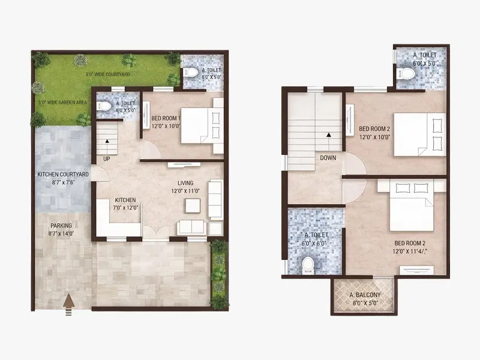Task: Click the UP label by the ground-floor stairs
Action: [107, 159]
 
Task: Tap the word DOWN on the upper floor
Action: [328, 158]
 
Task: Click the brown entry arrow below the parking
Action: [69, 304]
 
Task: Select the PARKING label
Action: [61, 226]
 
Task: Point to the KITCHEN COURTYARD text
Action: [63, 175]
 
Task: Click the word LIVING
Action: [185, 183]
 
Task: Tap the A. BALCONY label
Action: [365, 295]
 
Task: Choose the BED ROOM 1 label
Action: [166, 118]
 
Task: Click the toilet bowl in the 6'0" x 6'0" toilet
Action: [308, 265]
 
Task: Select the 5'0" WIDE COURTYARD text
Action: [108, 74]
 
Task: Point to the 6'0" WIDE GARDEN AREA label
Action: [63, 102]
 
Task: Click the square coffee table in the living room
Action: [193, 206]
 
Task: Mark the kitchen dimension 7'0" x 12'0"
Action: [125, 208]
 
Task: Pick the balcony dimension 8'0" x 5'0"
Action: [365, 303]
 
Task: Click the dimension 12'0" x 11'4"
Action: [410, 251]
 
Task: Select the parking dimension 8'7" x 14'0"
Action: [61, 233]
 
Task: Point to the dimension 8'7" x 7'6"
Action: [63, 182]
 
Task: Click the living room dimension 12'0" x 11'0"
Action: [185, 191]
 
